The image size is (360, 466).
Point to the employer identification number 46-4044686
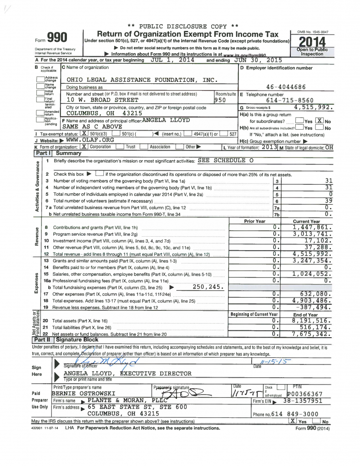pos(286,87)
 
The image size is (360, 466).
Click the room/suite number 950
pos(220,99)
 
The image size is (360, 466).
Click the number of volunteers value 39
pos(329,201)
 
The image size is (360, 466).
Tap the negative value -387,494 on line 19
pos(314,307)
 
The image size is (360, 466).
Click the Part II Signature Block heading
pos(66,339)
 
